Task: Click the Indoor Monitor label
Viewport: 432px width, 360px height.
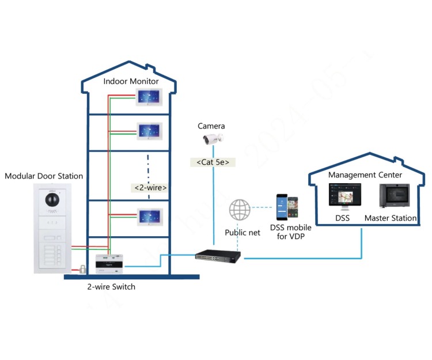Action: [131, 81]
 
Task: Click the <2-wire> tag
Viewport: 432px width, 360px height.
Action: [150, 188]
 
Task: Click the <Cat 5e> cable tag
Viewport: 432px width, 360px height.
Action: [213, 162]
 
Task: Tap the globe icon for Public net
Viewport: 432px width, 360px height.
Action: [240, 209]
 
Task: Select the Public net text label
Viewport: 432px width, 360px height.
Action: [242, 233]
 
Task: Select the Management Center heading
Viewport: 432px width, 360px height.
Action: [365, 175]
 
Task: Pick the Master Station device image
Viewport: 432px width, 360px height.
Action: [393, 196]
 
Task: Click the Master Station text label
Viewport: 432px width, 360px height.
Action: [391, 218]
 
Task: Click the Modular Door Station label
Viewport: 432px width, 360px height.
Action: [44, 176]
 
